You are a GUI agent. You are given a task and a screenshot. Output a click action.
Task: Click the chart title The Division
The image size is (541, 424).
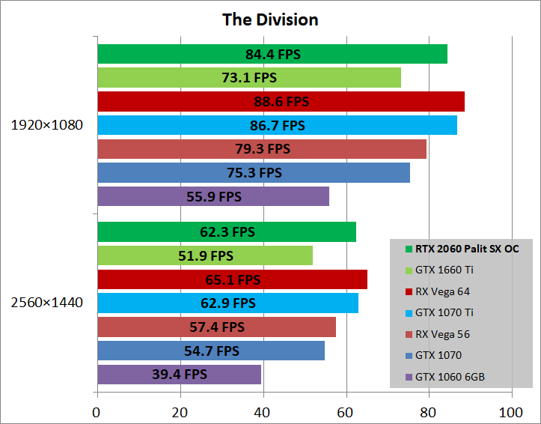click(270, 19)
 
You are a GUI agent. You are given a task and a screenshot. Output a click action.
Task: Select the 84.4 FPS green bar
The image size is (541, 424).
click(272, 54)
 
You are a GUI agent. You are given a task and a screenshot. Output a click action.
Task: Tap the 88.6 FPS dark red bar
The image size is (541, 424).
click(281, 101)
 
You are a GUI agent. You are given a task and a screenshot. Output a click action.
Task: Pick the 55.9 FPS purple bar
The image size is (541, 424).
click(213, 196)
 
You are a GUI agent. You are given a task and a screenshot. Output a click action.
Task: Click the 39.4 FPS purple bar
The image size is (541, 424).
click(179, 374)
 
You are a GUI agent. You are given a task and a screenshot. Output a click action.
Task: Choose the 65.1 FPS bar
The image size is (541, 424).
click(232, 279)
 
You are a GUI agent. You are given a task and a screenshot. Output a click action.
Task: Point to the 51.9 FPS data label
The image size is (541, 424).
click(206, 255)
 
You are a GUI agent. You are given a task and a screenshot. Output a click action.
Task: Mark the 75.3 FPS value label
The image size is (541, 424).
click(254, 173)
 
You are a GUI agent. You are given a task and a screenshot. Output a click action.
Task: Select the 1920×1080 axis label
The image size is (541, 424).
click(46, 125)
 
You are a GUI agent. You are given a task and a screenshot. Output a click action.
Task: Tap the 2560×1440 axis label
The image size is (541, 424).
click(46, 303)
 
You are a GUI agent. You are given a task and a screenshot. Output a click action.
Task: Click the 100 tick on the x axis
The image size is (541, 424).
click(511, 411)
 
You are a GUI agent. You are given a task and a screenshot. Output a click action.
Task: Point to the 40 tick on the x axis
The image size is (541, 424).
click(263, 411)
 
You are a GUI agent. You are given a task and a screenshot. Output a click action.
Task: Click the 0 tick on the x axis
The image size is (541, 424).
click(97, 411)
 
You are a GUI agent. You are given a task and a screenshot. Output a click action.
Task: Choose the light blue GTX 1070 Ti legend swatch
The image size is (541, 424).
click(409, 313)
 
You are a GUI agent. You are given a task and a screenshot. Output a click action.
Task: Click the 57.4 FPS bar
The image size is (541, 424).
click(217, 327)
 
